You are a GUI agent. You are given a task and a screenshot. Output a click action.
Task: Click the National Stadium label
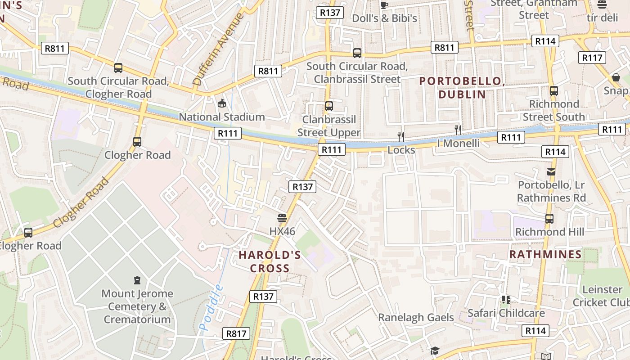click(222, 117)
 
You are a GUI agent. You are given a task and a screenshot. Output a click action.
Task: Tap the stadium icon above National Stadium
click(222, 104)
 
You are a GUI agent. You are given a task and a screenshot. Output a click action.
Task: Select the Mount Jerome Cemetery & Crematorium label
click(137, 306)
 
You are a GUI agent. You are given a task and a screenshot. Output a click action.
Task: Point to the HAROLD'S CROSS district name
click(270, 261)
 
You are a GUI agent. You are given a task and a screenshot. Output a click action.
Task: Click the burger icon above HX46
click(282, 219)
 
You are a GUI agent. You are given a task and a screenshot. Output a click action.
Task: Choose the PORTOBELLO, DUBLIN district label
click(461, 88)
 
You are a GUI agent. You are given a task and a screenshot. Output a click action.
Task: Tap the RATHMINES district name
click(545, 255)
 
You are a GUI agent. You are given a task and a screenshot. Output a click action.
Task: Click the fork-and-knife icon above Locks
click(401, 137)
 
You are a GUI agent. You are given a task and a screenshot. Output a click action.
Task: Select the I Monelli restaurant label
click(458, 143)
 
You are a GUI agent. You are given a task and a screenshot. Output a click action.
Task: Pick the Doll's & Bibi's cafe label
click(384, 18)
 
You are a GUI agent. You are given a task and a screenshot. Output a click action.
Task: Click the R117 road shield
click(592, 58)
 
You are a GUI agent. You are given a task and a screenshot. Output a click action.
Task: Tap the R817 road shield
click(236, 333)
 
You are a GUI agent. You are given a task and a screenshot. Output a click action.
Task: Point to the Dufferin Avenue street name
click(218, 49)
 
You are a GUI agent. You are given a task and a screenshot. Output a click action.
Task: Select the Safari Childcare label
click(506, 313)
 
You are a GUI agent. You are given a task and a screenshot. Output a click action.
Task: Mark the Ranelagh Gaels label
click(416, 317)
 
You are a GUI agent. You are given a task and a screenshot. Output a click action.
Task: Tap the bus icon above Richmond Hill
click(549, 219)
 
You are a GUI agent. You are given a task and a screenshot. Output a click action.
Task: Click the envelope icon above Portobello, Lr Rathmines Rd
click(551, 171)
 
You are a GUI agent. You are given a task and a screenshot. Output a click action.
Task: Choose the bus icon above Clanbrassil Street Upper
click(329, 106)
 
